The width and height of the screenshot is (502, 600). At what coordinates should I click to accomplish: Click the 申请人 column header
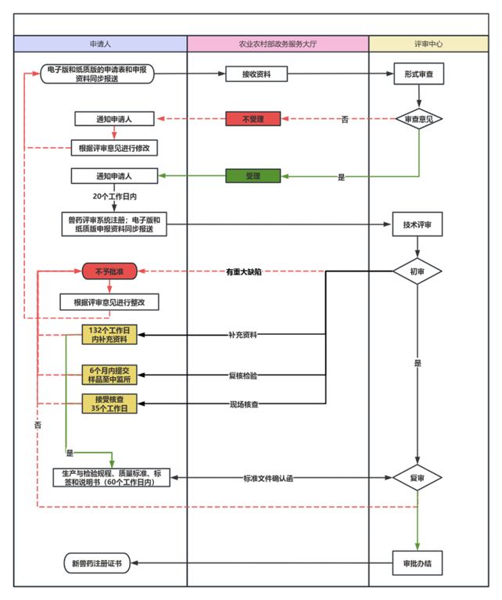click(100, 45)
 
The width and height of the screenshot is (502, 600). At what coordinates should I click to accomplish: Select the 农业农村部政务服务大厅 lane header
click(278, 45)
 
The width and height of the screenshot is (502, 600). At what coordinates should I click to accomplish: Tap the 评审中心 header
click(428, 45)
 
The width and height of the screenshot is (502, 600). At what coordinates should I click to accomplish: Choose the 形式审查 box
click(419, 74)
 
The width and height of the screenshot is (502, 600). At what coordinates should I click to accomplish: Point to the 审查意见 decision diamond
click(419, 119)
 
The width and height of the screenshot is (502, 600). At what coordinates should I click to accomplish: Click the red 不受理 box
click(253, 119)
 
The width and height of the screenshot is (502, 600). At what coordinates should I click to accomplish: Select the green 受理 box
click(253, 176)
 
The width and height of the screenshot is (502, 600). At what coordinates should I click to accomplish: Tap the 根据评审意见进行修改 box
click(115, 147)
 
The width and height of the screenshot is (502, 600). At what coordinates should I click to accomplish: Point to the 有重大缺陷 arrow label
click(243, 271)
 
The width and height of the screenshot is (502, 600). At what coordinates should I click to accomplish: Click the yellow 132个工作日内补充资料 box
click(109, 335)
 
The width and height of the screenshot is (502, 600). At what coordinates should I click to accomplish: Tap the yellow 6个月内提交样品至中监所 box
click(109, 375)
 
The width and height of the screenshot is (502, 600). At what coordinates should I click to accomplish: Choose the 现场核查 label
click(243, 404)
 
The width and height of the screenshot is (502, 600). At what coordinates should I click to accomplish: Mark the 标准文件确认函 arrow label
click(267, 477)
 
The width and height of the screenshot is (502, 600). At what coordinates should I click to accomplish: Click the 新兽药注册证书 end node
click(97, 562)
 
